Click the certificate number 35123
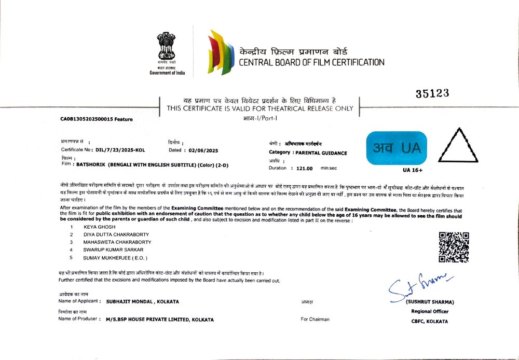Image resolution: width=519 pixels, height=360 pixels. point(432,93)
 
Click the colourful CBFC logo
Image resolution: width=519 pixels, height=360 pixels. point(219,53)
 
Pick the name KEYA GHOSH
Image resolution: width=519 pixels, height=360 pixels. point(99,227)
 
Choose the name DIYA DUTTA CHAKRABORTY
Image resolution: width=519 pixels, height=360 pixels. point(116,234)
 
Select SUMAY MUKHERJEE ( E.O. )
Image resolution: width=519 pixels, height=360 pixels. point(115,258)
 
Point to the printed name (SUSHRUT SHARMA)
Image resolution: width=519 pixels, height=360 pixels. point(430,302)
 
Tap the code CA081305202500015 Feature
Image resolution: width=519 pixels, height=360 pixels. point(97,119)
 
